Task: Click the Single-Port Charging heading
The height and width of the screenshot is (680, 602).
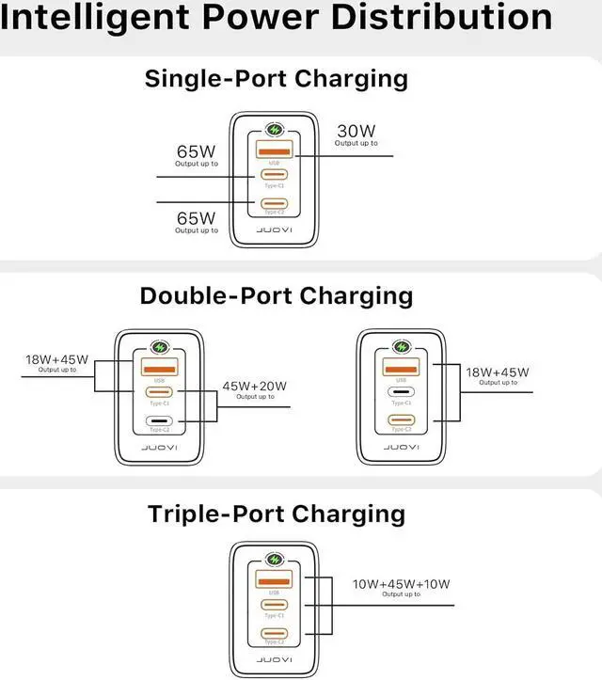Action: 276,78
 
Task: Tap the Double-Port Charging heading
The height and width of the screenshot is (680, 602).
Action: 276,295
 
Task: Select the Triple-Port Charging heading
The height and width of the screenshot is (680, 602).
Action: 276,514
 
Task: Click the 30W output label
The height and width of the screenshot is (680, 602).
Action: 356,130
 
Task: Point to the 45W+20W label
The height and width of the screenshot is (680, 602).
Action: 254,386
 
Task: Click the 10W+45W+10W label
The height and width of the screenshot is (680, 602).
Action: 402,584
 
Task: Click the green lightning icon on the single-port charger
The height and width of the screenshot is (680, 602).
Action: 275,131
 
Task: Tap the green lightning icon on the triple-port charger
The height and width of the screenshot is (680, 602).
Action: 275,558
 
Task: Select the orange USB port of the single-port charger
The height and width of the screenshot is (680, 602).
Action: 275,152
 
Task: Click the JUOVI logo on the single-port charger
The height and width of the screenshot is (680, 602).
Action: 275,229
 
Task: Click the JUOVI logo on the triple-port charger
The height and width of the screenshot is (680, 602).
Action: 275,656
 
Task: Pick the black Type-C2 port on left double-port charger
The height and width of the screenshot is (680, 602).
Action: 156,421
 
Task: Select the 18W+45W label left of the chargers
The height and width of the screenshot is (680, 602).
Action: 56,359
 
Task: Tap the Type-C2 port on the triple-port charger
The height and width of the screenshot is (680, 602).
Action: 275,635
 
